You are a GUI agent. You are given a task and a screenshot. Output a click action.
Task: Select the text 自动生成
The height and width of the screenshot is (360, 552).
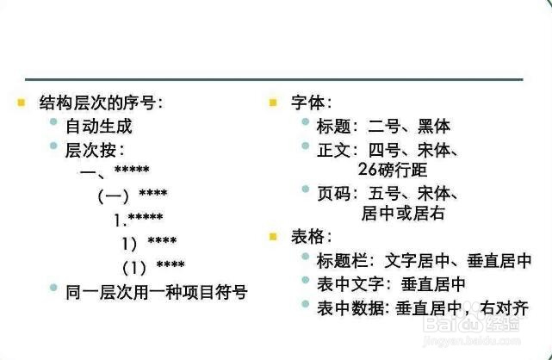pos(99,127)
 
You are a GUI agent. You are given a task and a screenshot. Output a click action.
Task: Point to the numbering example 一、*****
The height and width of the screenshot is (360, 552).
pos(115,171)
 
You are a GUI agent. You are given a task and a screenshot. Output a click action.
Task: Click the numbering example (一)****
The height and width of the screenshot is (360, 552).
pos(132,195)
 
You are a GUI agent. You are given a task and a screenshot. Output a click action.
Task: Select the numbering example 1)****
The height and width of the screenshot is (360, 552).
pos(149,241)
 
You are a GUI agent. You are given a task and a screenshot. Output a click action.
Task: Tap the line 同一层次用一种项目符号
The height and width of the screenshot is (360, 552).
pos(156,292)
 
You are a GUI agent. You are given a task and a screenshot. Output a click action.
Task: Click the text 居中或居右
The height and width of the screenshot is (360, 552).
pos(402,212)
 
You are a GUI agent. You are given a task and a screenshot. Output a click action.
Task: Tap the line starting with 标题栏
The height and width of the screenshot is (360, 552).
pos(424,259)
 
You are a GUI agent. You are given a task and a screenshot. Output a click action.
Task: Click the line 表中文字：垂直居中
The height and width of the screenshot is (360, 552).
pos(392,282)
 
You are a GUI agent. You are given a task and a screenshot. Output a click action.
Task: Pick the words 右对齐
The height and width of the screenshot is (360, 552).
pos(505,306)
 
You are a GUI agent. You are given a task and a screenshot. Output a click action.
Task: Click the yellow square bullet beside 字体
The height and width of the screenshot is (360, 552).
pos(274,102)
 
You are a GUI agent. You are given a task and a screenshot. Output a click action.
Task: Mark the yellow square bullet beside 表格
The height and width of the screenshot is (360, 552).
pos(274,236)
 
